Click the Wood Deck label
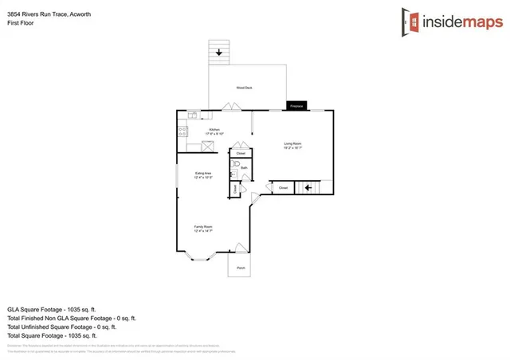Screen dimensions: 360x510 pos(244,88)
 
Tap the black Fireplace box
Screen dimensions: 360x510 pos(296,106)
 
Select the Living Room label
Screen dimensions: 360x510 pos(292,146)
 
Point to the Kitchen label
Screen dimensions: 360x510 pos(214,131)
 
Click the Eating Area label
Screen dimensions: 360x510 pos(203,174)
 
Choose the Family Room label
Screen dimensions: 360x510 pos(203,229)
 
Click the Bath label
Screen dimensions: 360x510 pos(244,168)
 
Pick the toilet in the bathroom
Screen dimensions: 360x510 pos(235,168)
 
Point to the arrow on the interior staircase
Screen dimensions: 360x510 pos(308,188)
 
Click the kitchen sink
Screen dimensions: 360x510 pos(193,115)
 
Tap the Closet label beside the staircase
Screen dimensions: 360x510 pos(283,188)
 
